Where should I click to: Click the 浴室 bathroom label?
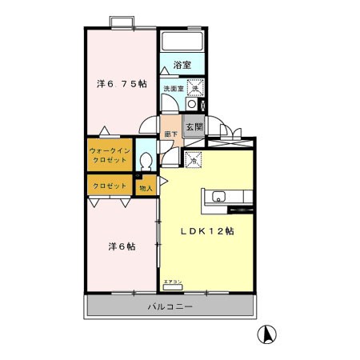point(183,64)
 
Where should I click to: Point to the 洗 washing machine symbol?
point(193,88)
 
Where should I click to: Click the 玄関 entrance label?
point(194,126)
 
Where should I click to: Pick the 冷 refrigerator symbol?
point(193,160)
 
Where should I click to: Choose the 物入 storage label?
point(146,188)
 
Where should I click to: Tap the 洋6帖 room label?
point(122,246)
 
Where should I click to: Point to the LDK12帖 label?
point(206,231)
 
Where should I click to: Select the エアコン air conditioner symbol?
point(173,282)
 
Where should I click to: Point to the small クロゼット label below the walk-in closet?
point(109,186)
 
